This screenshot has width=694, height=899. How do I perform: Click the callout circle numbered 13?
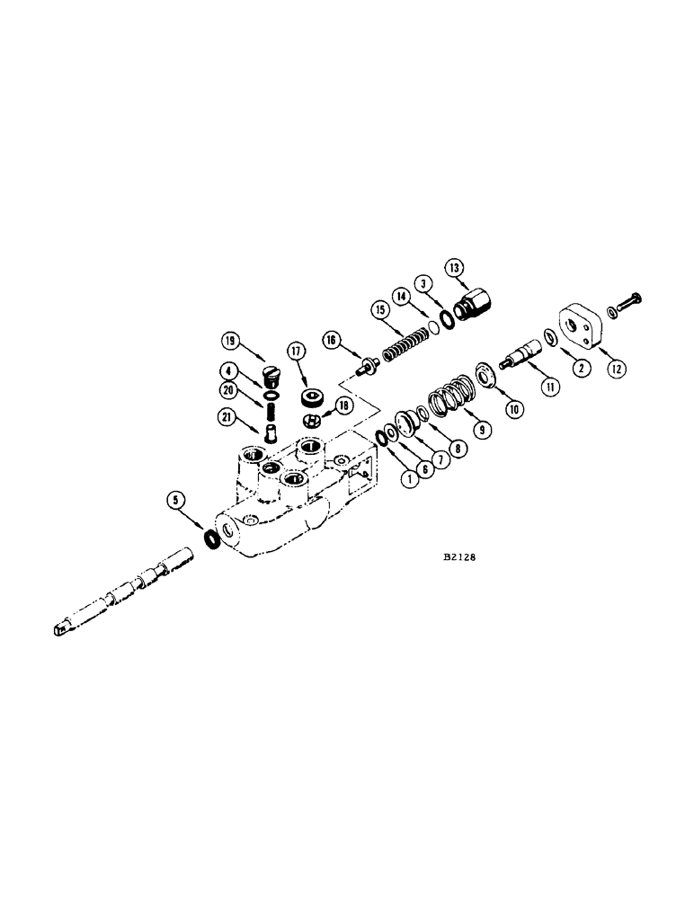[454, 267]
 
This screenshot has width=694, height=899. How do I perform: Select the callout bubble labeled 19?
[230, 340]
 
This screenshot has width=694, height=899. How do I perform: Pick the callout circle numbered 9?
[484, 430]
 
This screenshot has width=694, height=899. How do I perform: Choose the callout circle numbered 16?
[332, 340]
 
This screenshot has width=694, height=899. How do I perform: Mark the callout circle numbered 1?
[409, 478]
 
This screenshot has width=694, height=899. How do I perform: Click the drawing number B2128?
[458, 556]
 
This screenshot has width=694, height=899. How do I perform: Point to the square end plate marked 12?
[583, 327]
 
